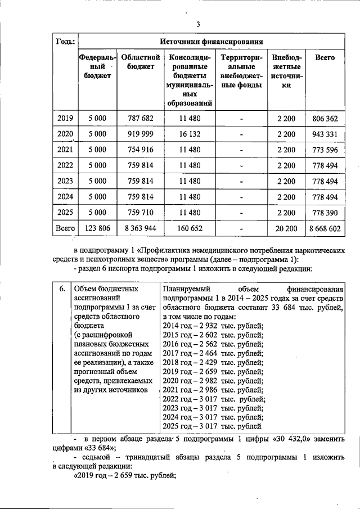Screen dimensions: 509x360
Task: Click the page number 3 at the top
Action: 198,24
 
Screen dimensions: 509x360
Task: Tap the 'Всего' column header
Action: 325,58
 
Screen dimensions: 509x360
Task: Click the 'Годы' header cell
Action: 65,42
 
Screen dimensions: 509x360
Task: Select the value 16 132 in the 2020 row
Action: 190,134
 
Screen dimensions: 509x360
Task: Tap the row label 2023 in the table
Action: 65,182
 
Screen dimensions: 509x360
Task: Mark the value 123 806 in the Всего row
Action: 97,229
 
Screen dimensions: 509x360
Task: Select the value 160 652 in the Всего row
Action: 190,229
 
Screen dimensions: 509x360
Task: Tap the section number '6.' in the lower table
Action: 64,289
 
